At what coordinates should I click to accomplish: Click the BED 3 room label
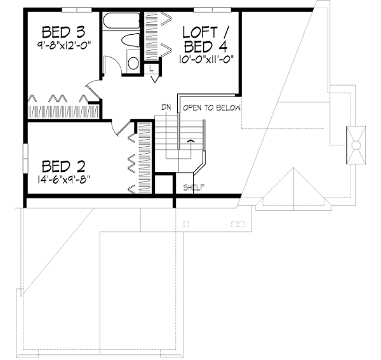pos(63,32)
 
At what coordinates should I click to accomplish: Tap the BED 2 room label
pos(63,167)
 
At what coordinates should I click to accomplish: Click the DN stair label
pos(166,108)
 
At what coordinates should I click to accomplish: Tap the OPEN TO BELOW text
pos(211,108)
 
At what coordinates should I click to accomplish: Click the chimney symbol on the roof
pos(356,145)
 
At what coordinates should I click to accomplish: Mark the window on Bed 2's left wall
pos(25,157)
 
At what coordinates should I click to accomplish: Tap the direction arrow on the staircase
pos(189,140)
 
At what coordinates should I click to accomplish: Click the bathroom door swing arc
pos(110,65)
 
